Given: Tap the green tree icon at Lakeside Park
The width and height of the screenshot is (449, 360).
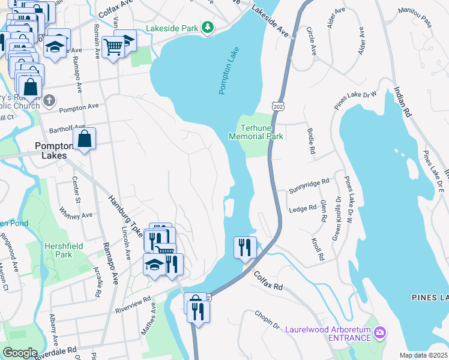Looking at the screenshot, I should (x=207, y=27).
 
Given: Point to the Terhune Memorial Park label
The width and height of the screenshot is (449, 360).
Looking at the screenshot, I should (x=256, y=132).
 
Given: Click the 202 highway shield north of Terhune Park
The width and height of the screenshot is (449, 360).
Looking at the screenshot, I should (x=277, y=106).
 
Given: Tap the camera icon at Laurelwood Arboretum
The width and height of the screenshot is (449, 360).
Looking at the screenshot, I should (x=379, y=332).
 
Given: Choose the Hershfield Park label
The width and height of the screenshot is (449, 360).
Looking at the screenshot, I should (x=58, y=250).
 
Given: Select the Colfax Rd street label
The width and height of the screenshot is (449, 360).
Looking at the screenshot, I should (x=268, y=280).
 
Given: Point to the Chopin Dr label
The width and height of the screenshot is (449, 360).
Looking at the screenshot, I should (x=267, y=320).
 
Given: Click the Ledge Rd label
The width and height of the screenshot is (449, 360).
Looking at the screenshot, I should (x=303, y=208).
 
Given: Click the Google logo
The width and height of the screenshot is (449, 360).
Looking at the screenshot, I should (x=20, y=353).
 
